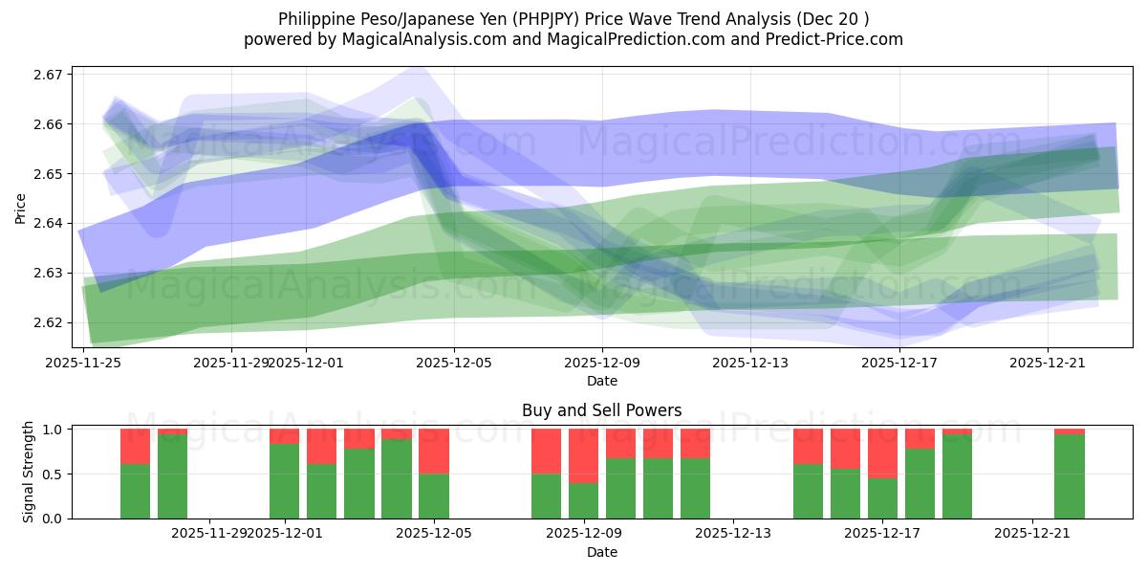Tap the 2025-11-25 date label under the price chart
click(84, 363)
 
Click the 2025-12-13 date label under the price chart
click(750, 363)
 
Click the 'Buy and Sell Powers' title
click(601, 410)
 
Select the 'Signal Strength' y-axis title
click(29, 471)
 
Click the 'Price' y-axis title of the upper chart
click(21, 207)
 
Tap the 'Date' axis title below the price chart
click(601, 381)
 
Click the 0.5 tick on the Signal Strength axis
click(53, 474)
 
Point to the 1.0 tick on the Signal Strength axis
click(53, 430)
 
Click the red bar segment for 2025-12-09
click(583, 455)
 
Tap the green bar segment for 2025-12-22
click(1070, 476)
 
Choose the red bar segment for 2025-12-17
click(882, 453)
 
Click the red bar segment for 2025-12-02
click(322, 446)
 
